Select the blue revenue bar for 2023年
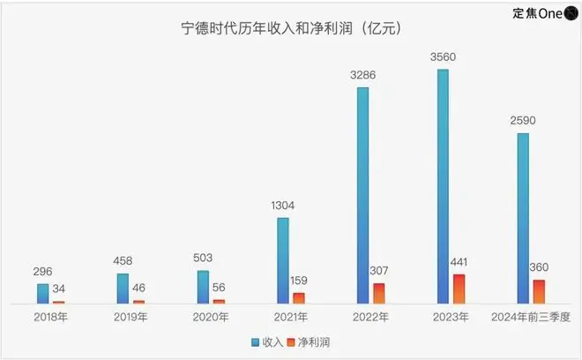pyautogui.click(x=443, y=186)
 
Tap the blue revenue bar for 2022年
pyautogui.click(x=362, y=195)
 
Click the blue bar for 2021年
pyautogui.click(x=282, y=260)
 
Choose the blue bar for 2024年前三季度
pyautogui.click(x=523, y=218)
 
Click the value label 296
pyautogui.click(x=41, y=272)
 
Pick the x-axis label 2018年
pyautogui.click(x=49, y=316)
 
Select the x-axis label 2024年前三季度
pyautogui.click(x=531, y=316)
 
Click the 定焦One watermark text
pyautogui.click(x=542, y=14)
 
